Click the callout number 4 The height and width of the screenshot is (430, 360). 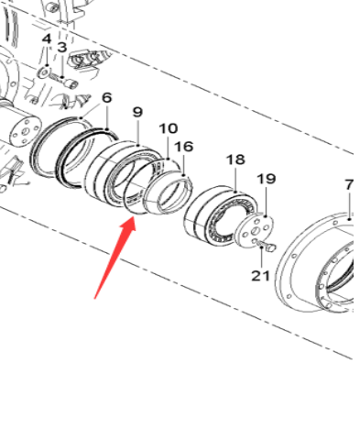coord(46,39)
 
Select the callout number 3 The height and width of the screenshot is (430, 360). coord(61,47)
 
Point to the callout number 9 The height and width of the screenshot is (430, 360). coord(137,112)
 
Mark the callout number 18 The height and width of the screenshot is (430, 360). coord(235,160)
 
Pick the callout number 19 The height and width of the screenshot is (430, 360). coord(266,179)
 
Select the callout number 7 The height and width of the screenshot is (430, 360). coord(349,185)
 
